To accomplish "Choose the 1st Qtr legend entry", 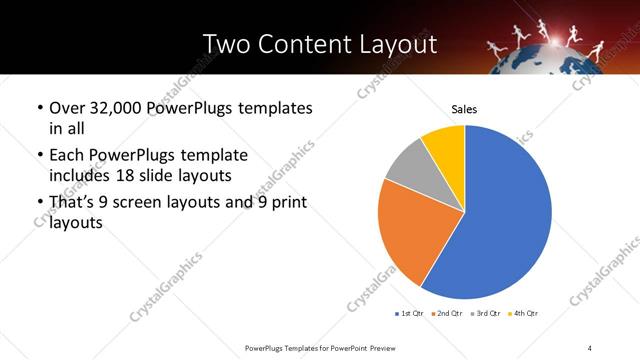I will tap(411, 314).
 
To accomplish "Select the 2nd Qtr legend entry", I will tap(448, 314).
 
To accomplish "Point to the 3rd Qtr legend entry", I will tap(486, 314).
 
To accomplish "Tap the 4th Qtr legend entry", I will tap(523, 314).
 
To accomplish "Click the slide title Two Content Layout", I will tap(319, 44).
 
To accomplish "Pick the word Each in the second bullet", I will tap(66, 156).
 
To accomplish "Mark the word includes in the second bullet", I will tap(83, 175).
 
